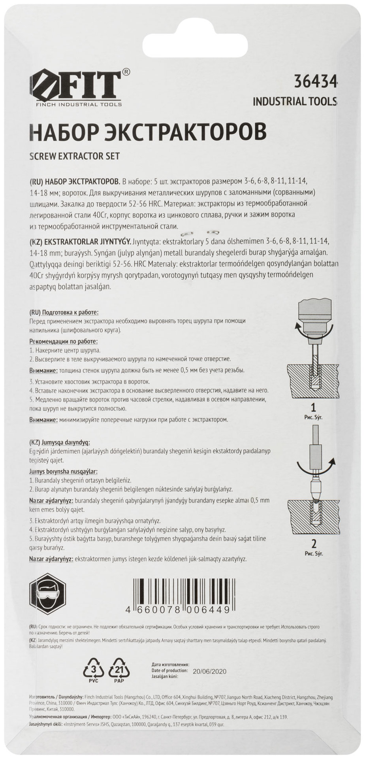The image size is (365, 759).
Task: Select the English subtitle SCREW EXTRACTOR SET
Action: point(75,156)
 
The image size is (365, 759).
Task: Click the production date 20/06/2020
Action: point(209,671)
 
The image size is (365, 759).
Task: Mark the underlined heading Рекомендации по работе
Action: point(64,341)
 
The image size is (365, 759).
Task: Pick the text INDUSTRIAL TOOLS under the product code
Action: point(295,102)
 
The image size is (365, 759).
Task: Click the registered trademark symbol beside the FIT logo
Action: point(126,72)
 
